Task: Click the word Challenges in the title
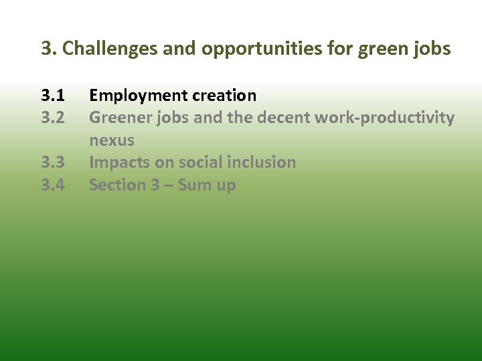102,49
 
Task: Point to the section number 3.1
53,96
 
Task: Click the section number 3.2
53,118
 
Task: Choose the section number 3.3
53,162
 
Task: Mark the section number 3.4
53,185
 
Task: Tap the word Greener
120,118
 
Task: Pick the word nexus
112,140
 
